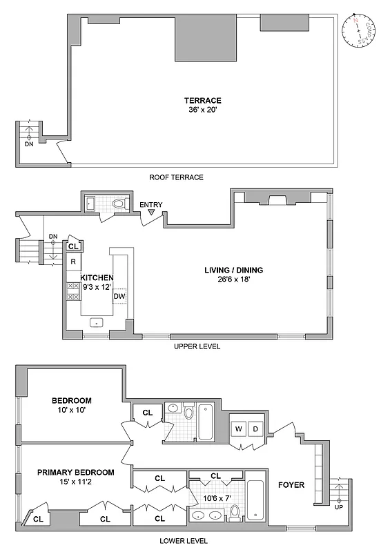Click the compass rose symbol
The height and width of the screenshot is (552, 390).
click(x=360, y=30)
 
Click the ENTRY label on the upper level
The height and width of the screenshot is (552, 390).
click(x=150, y=205)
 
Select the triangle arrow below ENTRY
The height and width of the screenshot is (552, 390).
click(x=150, y=213)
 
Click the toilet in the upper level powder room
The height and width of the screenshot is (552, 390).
click(x=119, y=204)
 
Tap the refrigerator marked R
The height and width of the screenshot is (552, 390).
click(x=73, y=261)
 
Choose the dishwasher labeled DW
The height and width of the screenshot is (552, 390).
click(x=119, y=297)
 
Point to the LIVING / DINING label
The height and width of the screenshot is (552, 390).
click(x=233, y=270)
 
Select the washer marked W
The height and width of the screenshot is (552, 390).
click(x=238, y=429)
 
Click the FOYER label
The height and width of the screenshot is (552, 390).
click(x=291, y=485)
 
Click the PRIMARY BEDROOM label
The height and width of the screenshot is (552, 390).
click(x=75, y=472)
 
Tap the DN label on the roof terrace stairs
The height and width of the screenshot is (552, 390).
click(x=28, y=144)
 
